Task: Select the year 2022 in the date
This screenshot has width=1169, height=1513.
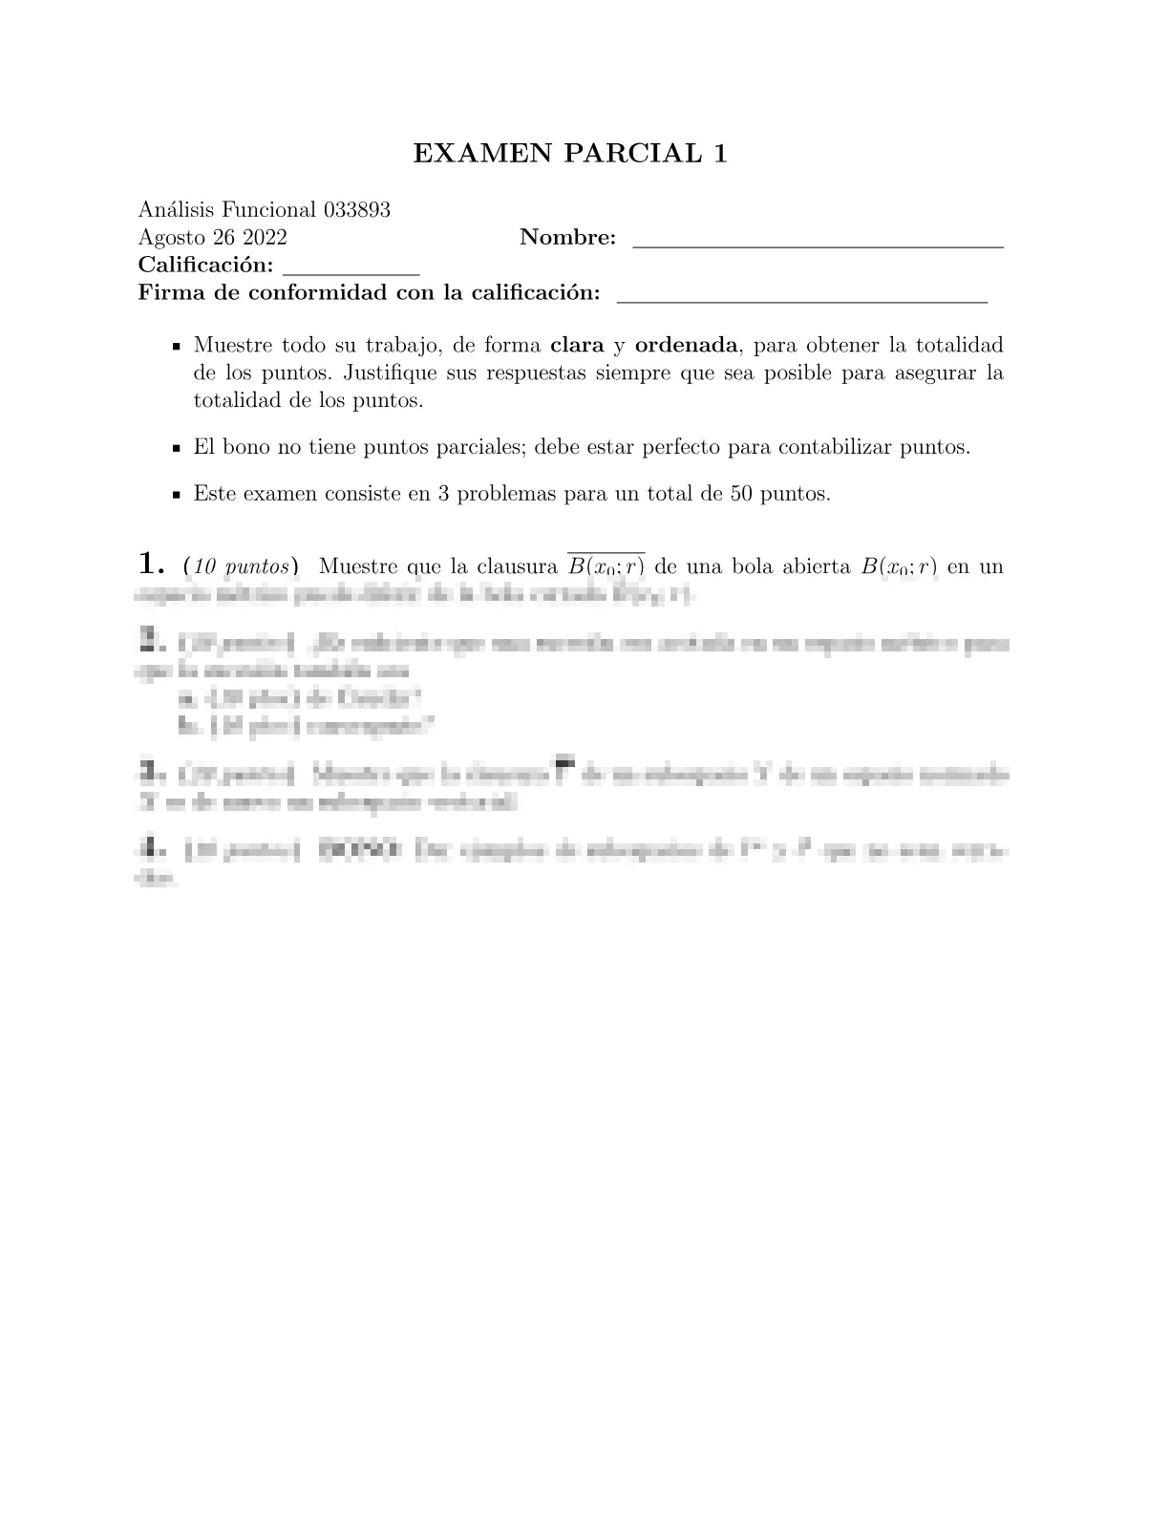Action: tap(265, 238)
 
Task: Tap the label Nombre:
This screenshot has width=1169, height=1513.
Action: tap(567, 238)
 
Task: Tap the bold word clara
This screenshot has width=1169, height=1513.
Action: tap(577, 345)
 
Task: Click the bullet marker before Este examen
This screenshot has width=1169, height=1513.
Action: tap(176, 496)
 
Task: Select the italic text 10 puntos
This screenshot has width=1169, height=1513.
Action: tap(241, 566)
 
